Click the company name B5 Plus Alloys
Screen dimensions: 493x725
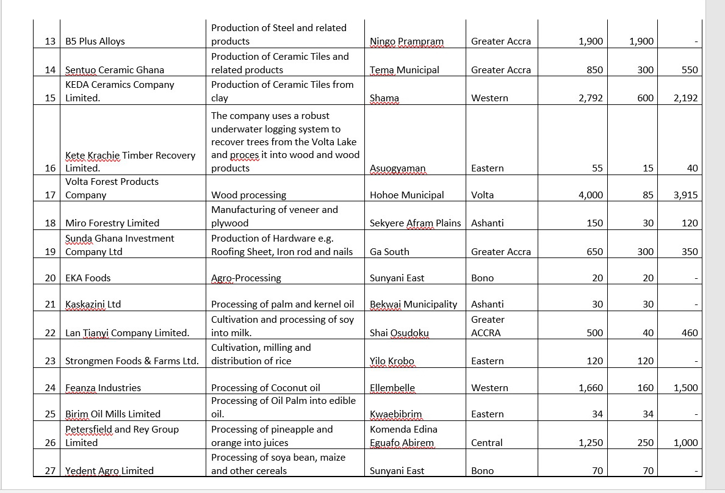coord(95,41)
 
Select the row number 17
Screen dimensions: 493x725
coord(51,195)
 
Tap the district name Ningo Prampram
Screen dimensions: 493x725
coord(406,41)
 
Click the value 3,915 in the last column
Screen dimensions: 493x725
coord(685,195)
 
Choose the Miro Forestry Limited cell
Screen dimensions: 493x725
coord(112,223)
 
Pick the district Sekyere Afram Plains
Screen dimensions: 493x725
coord(415,223)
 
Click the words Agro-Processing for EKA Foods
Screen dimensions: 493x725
coord(246,278)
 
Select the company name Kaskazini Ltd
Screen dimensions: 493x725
coord(93,304)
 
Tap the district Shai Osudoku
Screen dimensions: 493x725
coord(399,333)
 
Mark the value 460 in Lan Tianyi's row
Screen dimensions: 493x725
coord(690,333)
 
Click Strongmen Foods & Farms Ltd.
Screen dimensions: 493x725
coord(132,361)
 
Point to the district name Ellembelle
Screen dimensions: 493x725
coord(392,388)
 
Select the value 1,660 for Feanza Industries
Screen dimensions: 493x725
coord(591,388)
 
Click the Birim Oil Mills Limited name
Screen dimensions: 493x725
coord(113,414)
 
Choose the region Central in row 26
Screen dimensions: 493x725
coord(487,443)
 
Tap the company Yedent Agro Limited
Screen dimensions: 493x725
coord(109,471)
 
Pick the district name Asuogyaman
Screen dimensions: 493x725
coord(397,168)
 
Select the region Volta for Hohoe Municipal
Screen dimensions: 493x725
coord(483,195)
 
